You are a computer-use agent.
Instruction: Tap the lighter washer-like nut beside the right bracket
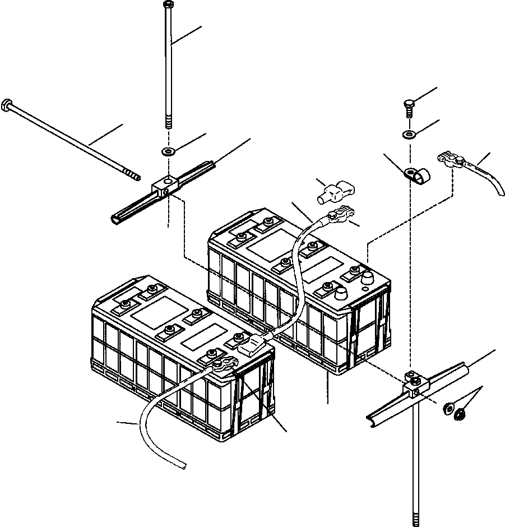click(x=448, y=408)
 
